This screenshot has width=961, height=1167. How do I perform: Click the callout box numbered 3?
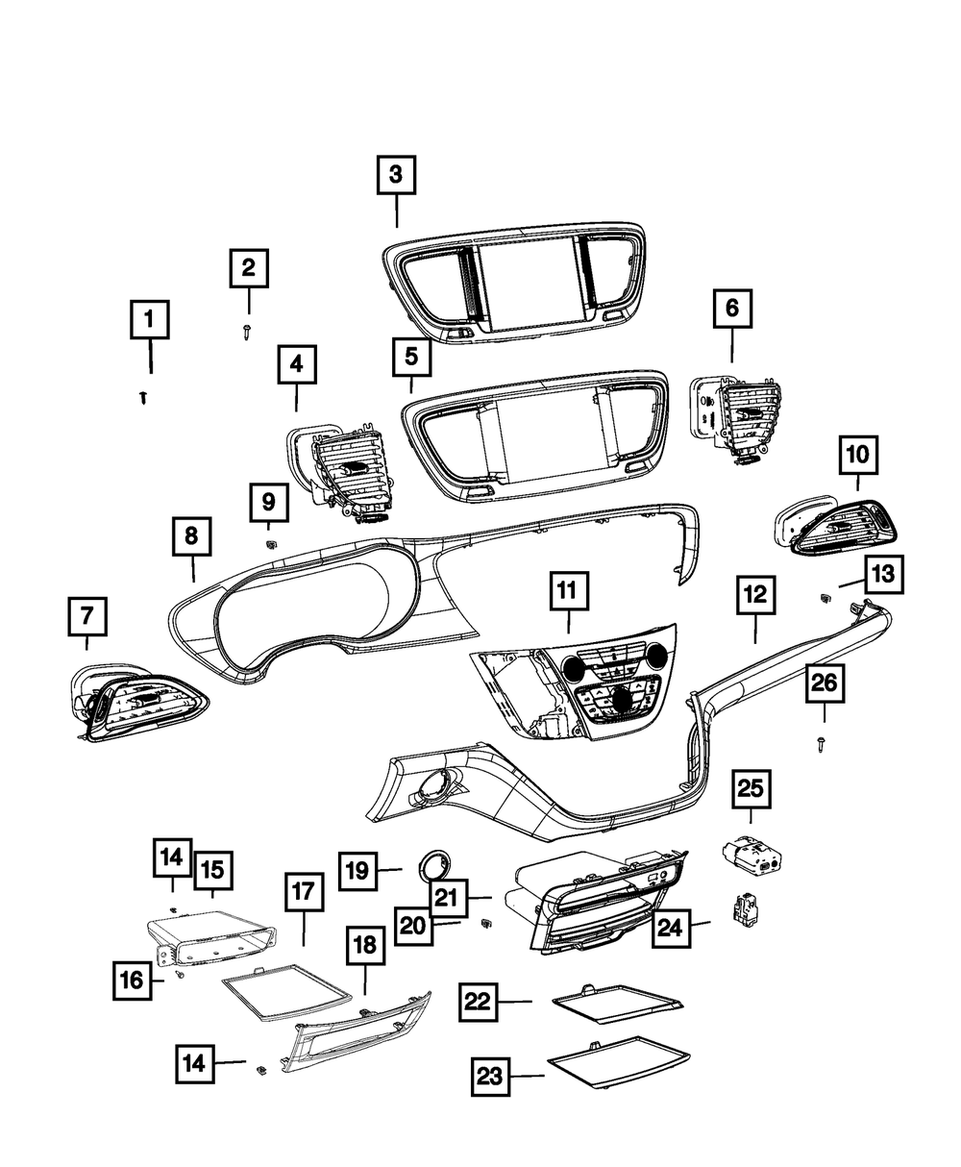pyautogui.click(x=396, y=176)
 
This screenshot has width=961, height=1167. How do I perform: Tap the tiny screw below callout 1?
pyautogui.click(x=144, y=396)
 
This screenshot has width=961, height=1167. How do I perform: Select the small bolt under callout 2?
pyautogui.click(x=248, y=331)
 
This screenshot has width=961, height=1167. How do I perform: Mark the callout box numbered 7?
pyautogui.click(x=87, y=616)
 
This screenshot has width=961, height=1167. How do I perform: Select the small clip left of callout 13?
pyautogui.click(x=825, y=599)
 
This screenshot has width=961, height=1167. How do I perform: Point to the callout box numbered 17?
pyautogui.click(x=304, y=892)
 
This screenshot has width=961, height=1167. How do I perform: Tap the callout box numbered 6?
pyautogui.click(x=732, y=310)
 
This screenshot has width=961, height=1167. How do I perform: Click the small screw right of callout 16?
pyautogui.click(x=180, y=975)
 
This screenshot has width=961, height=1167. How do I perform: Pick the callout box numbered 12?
pyautogui.click(x=754, y=596)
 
